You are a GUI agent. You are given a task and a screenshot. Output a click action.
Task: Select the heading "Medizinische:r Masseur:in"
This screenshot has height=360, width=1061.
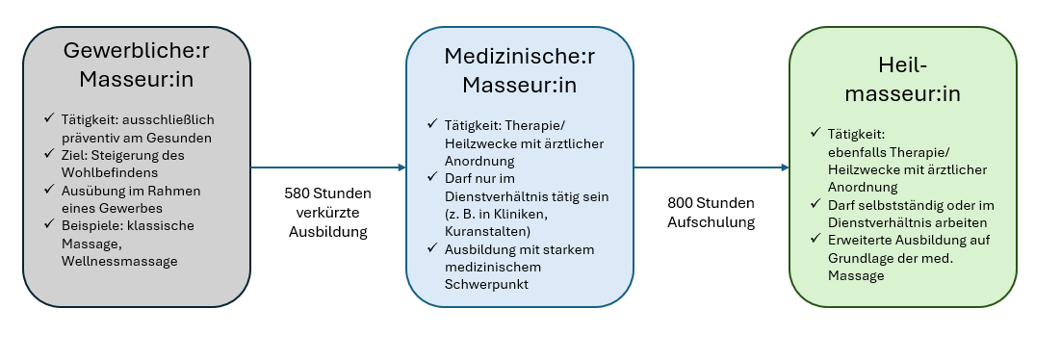519,70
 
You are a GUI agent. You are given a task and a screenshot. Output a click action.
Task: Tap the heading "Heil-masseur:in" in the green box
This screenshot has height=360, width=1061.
902,80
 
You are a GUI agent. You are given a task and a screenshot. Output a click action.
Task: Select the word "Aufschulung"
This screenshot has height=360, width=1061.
712,221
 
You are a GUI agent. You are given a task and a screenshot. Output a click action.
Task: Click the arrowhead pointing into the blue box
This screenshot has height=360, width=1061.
401,167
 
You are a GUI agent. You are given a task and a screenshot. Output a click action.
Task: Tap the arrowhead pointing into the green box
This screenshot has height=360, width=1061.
785,167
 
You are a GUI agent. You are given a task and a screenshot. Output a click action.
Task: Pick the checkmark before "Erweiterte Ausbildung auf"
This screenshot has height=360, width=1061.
817,240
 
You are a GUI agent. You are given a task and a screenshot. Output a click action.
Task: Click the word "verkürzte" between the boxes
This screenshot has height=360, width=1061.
327,212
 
